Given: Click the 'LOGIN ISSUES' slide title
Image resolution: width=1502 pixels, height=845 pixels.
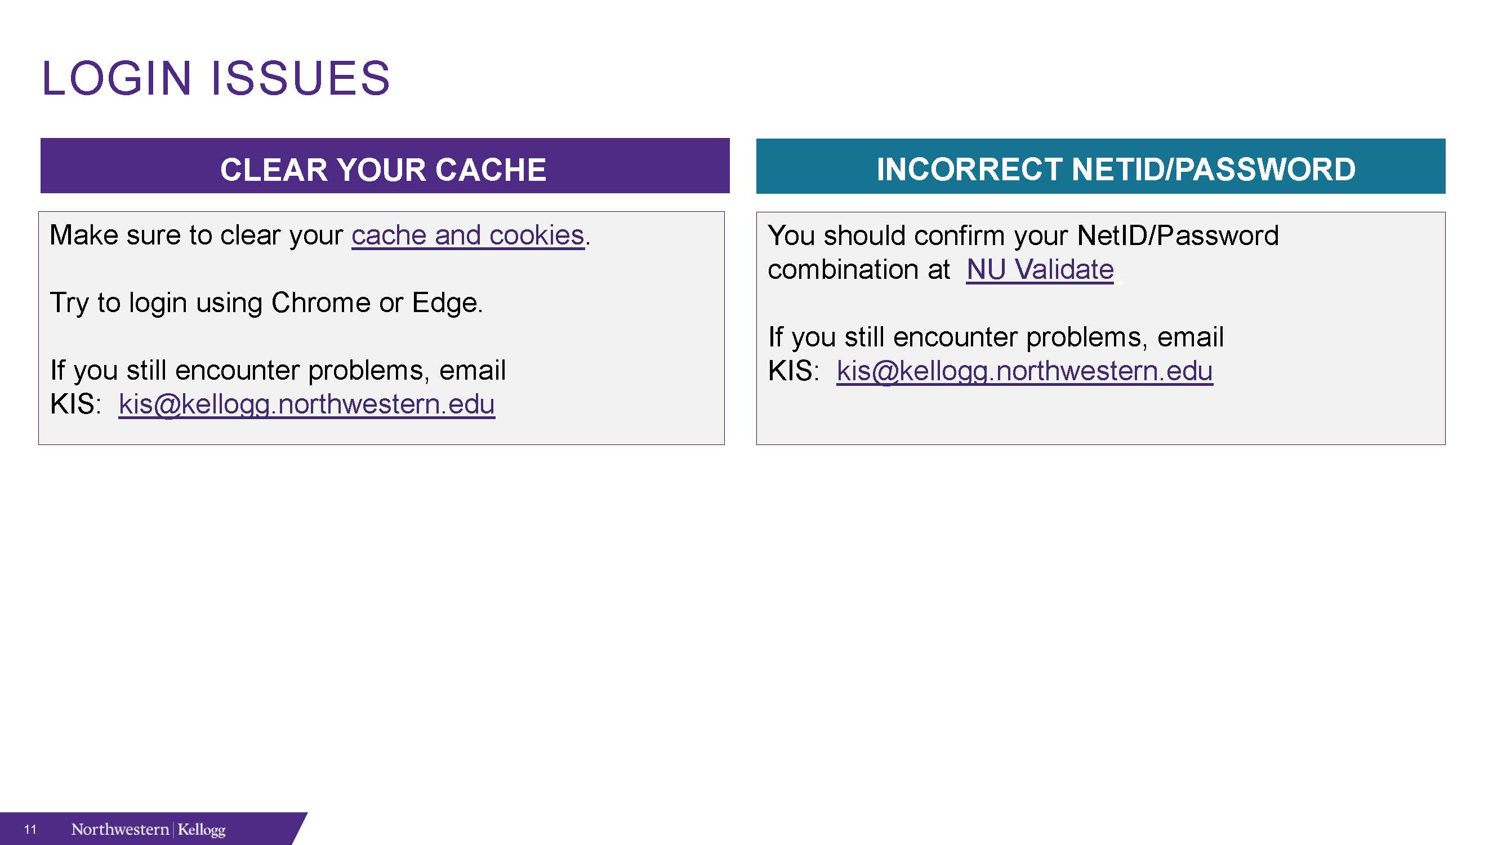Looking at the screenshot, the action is (216, 78).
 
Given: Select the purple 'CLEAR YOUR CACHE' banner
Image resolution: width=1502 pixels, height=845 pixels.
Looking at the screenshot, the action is (385, 166).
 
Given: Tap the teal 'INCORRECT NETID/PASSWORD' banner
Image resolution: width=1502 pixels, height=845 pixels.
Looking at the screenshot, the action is (1101, 166).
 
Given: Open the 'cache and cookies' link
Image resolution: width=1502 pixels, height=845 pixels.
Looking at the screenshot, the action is (467, 235).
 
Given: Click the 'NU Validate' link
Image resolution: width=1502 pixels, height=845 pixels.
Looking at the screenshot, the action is (1040, 269).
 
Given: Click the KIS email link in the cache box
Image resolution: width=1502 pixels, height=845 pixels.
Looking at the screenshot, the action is (307, 404).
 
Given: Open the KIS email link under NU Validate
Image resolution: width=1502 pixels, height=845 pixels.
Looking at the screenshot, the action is (1025, 371).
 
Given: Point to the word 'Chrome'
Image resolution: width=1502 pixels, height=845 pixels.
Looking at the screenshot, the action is (320, 303).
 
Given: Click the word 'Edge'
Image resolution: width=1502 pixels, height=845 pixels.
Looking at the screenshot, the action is (445, 303).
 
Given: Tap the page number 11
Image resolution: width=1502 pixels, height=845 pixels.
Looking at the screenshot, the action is (30, 829).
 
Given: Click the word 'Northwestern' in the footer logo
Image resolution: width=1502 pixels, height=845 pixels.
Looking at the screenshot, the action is (120, 829).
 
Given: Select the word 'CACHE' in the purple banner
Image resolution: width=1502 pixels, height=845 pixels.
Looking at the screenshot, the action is (491, 170).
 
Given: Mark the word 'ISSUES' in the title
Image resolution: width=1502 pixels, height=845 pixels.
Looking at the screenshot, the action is (300, 78).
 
